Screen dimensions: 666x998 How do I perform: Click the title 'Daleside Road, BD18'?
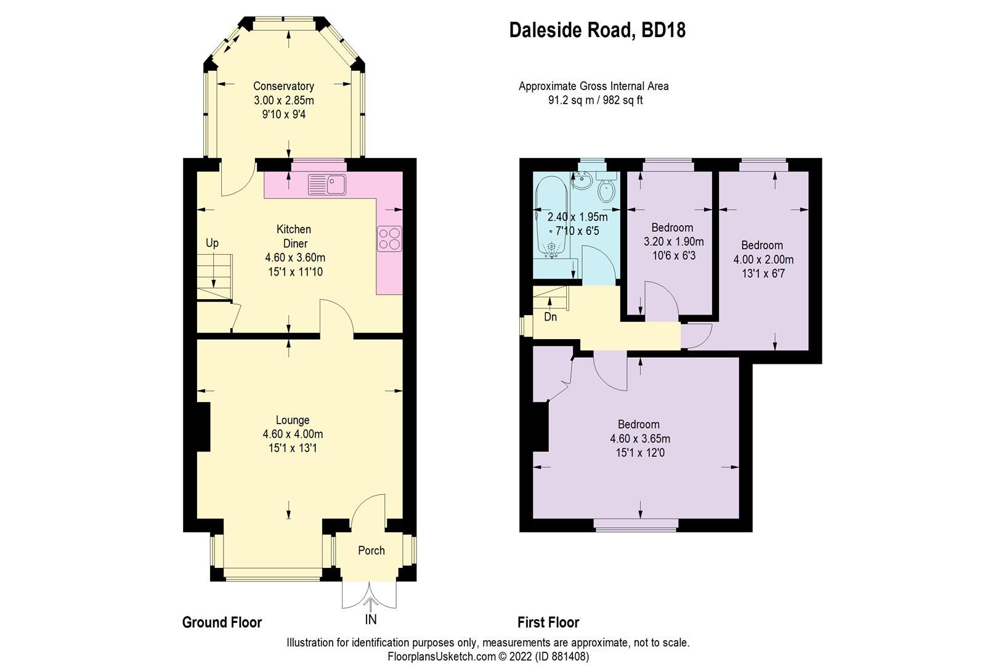tap(597, 30)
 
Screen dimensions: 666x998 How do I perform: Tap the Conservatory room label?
tap(283, 86)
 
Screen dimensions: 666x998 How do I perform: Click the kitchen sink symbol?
tap(328, 183)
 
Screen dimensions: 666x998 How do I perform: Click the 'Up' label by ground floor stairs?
tap(212, 243)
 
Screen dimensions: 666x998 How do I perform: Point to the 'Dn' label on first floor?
tap(550, 317)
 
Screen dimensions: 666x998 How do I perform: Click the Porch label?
tap(371, 551)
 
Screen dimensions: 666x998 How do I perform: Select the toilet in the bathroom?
tap(607, 191)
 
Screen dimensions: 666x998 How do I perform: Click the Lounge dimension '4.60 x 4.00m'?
tap(293, 434)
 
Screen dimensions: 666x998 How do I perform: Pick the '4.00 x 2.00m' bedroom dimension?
tap(763, 260)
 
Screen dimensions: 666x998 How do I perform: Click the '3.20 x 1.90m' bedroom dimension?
tap(673, 242)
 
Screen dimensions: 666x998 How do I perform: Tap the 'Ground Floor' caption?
tap(222, 622)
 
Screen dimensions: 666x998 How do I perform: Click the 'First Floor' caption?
tap(548, 622)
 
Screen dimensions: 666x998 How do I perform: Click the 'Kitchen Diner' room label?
tap(293, 236)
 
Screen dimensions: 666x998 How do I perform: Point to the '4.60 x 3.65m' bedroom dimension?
tap(639, 439)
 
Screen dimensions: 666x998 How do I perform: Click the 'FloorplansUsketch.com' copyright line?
tap(488, 656)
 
